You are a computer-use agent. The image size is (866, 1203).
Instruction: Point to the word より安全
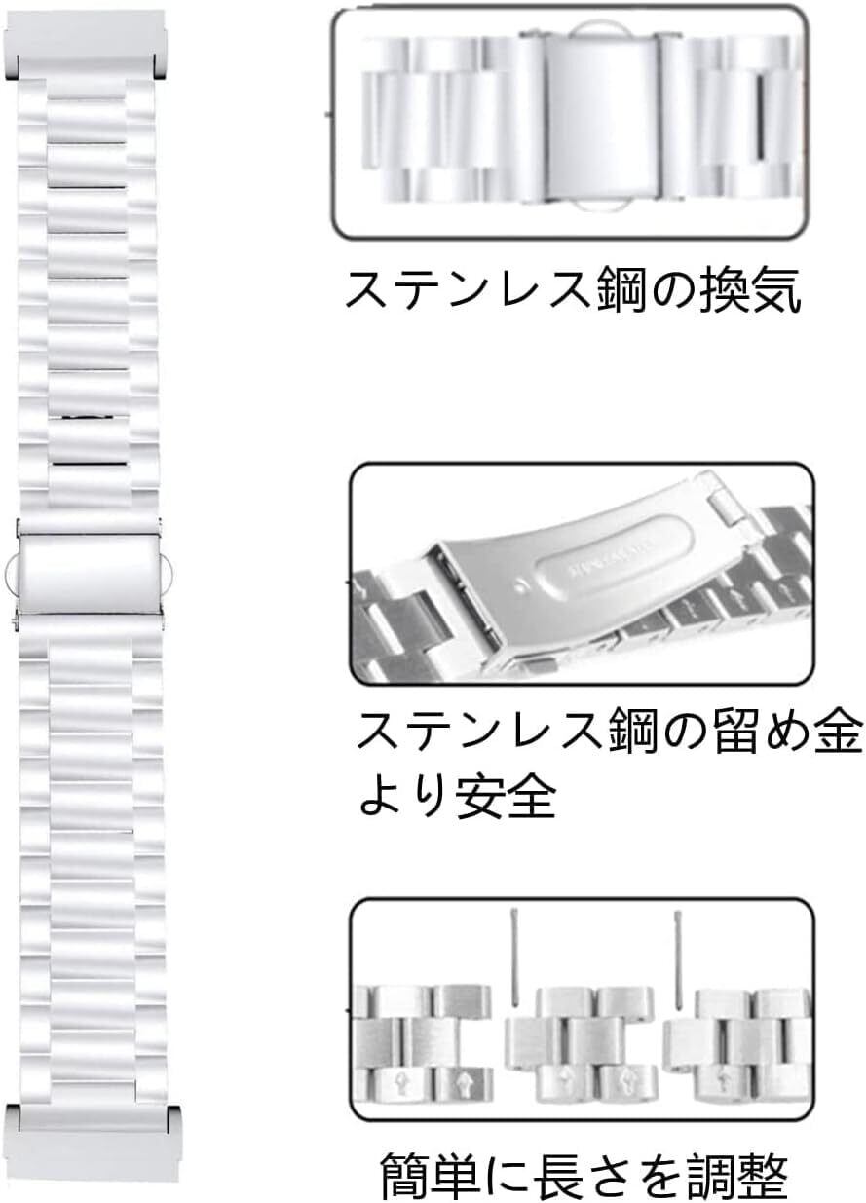(x=458, y=798)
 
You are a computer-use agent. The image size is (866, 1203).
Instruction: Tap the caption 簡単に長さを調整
(x=584, y=1177)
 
